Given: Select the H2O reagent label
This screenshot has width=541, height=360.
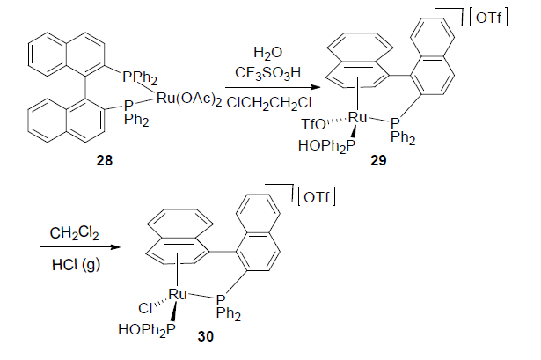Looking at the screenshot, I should (267, 52).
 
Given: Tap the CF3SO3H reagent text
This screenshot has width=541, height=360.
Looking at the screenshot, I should (266, 70).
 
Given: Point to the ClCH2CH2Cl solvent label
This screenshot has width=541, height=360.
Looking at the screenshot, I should (267, 102).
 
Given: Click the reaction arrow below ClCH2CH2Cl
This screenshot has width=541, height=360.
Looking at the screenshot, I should (267, 87).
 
